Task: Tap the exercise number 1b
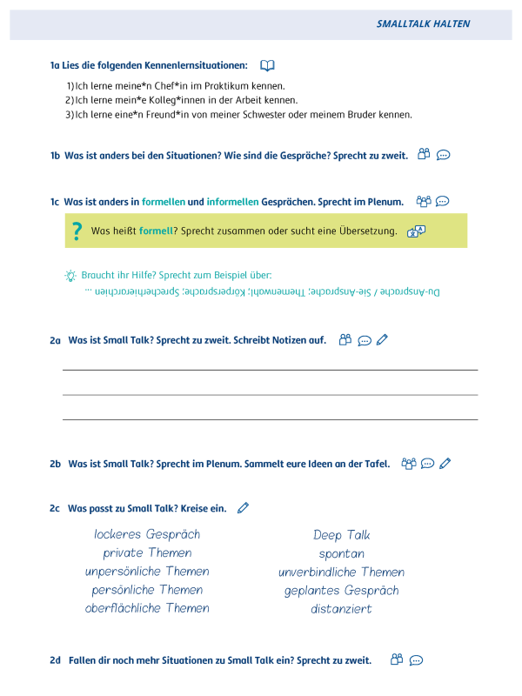click(55, 156)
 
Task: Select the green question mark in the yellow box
click(77, 231)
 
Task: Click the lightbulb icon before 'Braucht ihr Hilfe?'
click(70, 275)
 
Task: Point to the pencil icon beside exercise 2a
click(382, 340)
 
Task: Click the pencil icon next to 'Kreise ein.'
click(243, 507)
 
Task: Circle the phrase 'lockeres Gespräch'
click(147, 534)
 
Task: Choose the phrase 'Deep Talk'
click(342, 535)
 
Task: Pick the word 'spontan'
click(342, 553)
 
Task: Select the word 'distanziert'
click(342, 609)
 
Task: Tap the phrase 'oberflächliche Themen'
click(147, 608)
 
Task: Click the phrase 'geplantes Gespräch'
click(342, 591)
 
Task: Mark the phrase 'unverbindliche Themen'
click(342, 572)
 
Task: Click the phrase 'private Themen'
click(147, 552)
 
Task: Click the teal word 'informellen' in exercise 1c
click(232, 202)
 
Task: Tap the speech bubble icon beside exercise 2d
click(416, 660)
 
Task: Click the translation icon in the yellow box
click(417, 231)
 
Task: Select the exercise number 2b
click(55, 464)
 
